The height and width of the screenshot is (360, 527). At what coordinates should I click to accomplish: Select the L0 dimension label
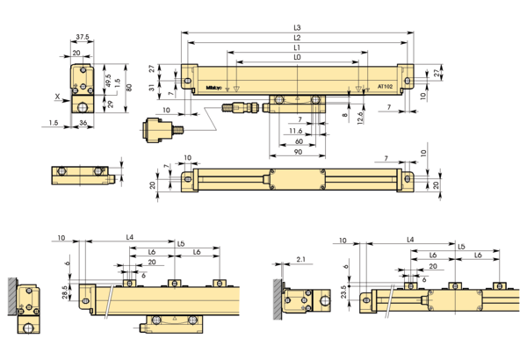[297, 57]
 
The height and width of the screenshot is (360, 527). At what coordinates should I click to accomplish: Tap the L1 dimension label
[297, 48]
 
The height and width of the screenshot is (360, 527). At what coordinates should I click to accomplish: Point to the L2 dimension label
[297, 39]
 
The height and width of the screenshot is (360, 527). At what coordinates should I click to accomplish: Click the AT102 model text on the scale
[384, 87]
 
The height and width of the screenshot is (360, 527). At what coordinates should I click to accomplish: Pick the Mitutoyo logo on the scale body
[211, 87]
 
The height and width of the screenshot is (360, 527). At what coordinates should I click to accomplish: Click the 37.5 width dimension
[82, 38]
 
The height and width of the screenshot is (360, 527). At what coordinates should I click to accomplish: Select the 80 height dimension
[128, 87]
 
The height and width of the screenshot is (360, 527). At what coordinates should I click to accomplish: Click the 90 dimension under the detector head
[298, 151]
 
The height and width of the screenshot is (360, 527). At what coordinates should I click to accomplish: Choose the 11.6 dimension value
[296, 130]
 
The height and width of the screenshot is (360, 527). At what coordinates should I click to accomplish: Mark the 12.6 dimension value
[358, 119]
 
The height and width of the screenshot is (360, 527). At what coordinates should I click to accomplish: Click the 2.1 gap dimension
[300, 259]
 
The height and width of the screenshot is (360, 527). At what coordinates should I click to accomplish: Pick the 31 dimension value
[151, 86]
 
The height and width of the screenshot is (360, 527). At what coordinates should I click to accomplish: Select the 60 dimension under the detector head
[298, 140]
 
